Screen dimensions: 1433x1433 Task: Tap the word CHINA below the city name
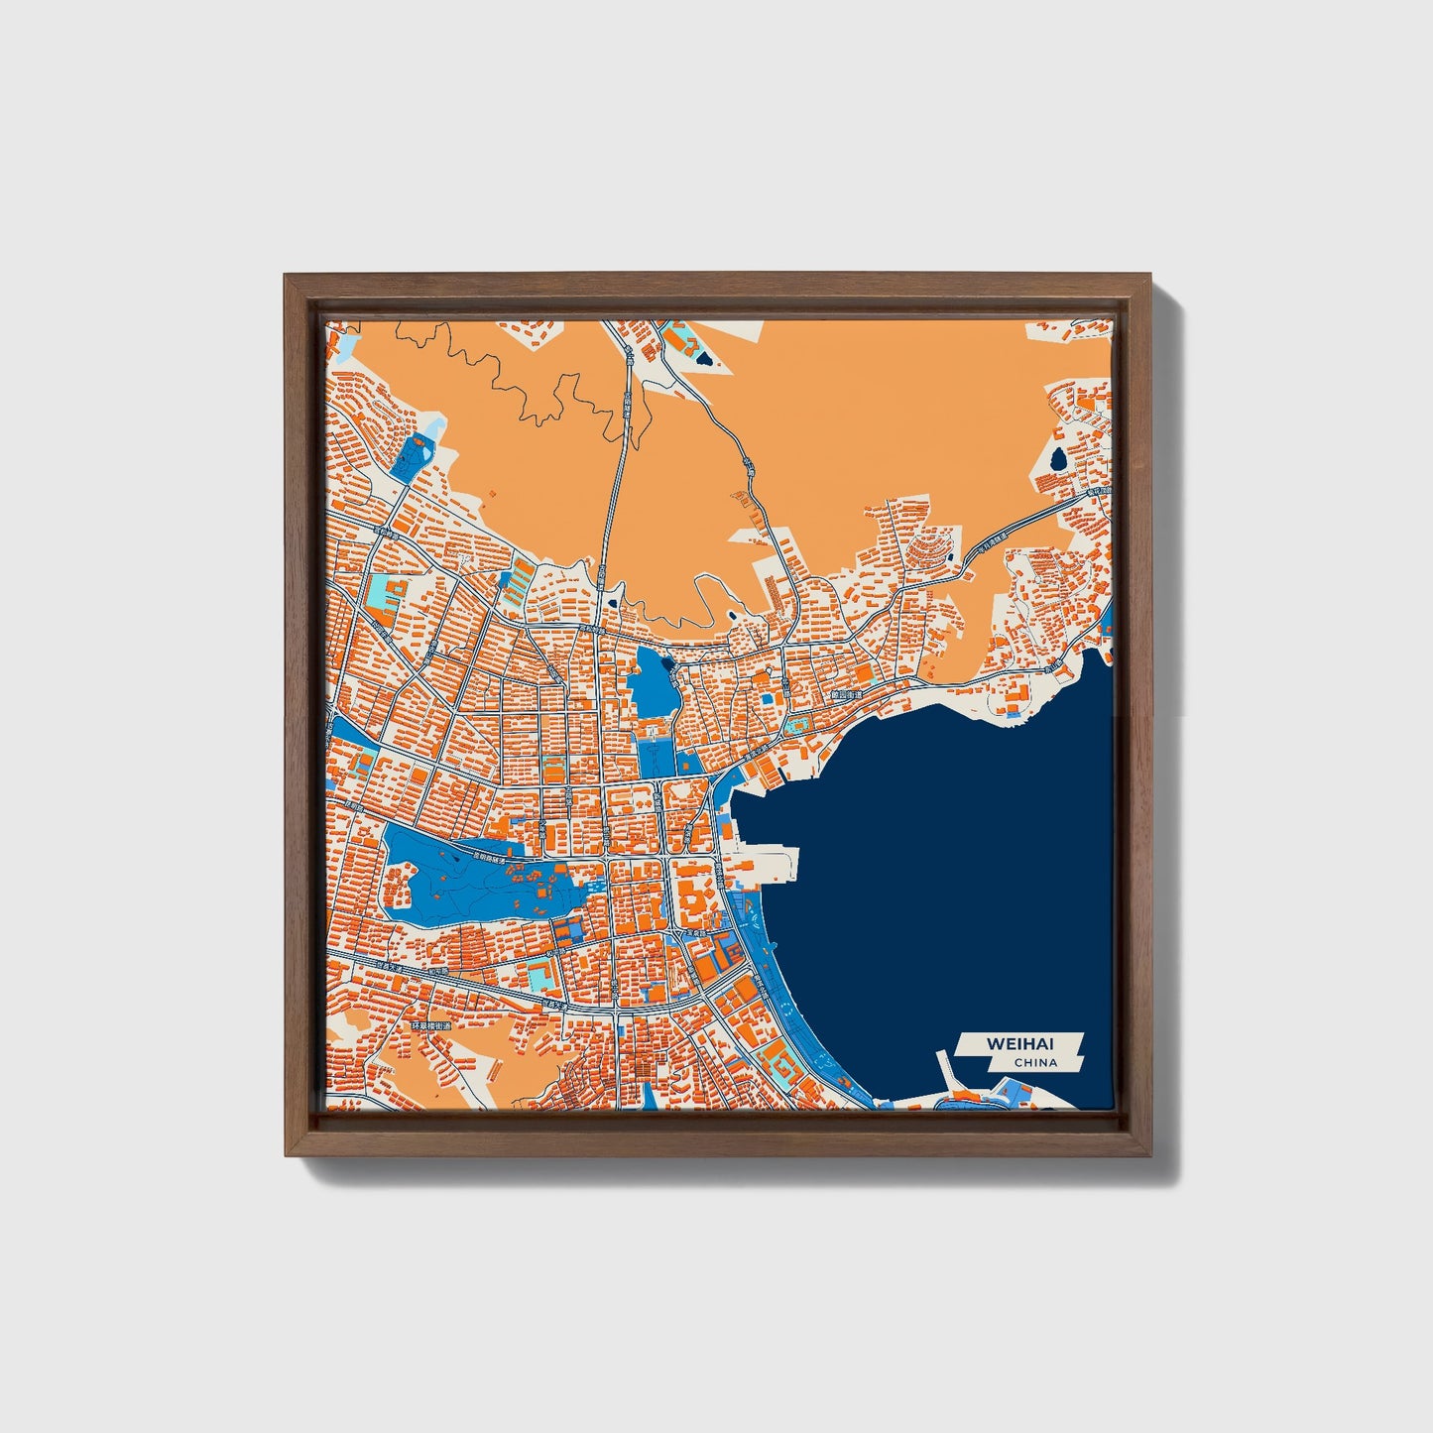point(1035,1063)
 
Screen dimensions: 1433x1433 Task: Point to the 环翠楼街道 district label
point(430,1025)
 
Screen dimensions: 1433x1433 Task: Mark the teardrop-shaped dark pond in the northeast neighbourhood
point(1058,458)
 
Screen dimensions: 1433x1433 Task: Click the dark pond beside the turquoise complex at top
point(703,354)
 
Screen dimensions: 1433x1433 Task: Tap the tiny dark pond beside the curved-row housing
point(952,559)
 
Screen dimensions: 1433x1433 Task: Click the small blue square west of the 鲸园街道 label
point(767,698)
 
